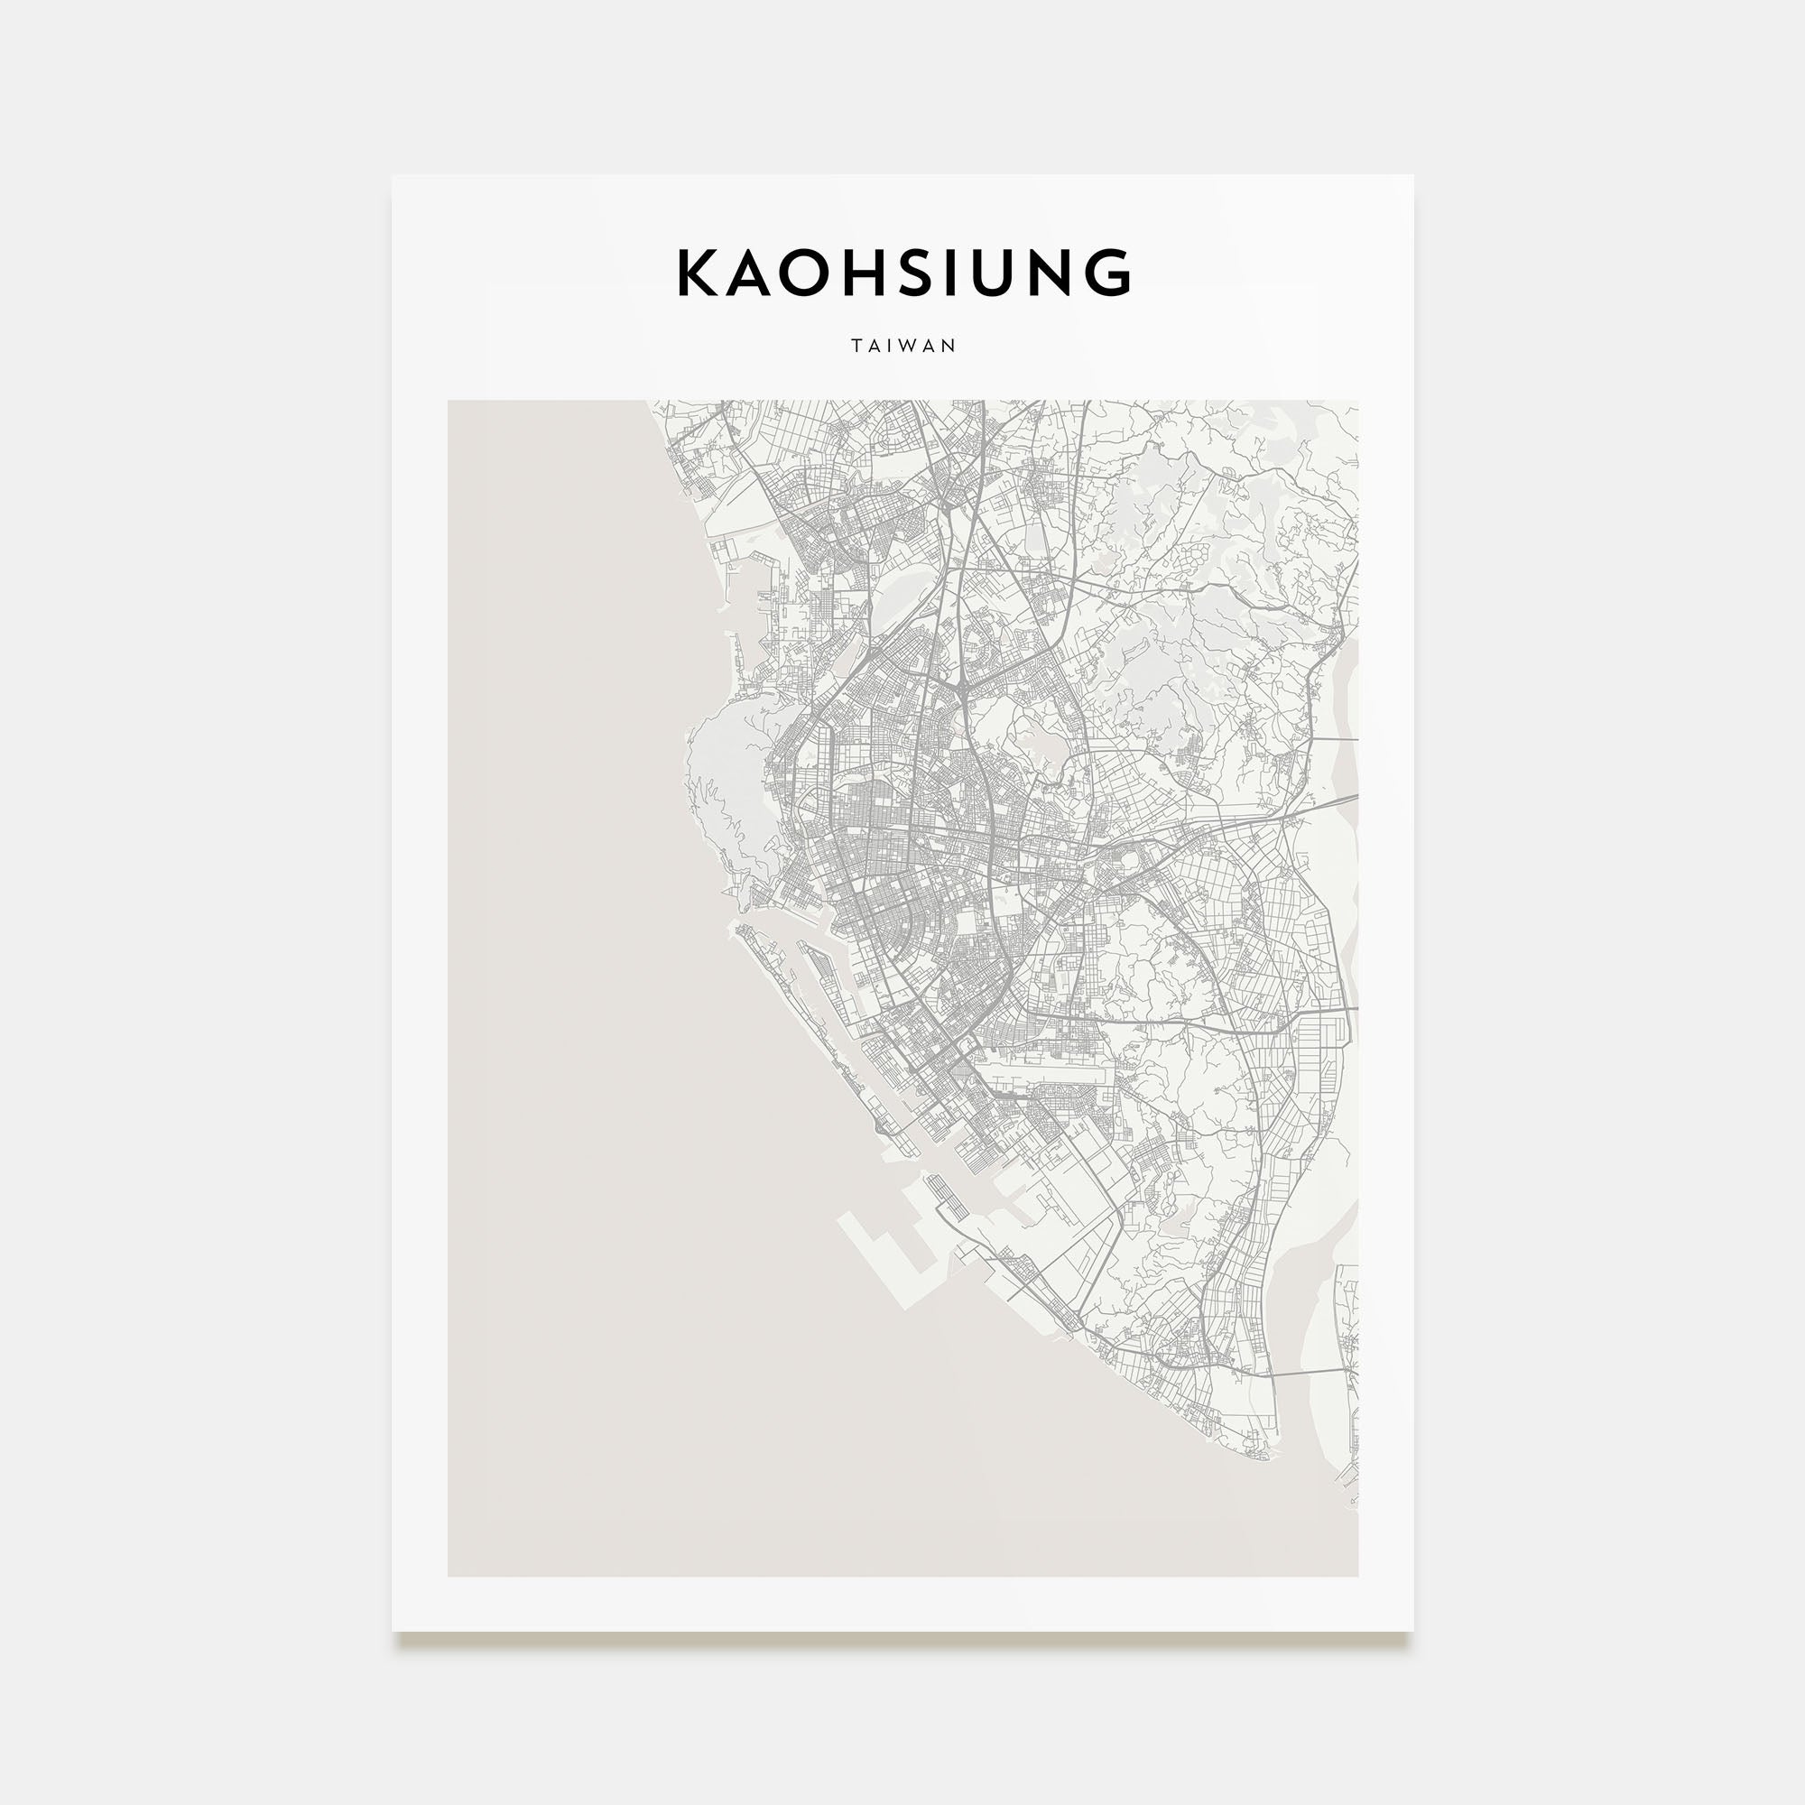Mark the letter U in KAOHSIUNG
pos(1008,273)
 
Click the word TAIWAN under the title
pos(903,346)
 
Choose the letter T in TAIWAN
pos(856,346)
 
